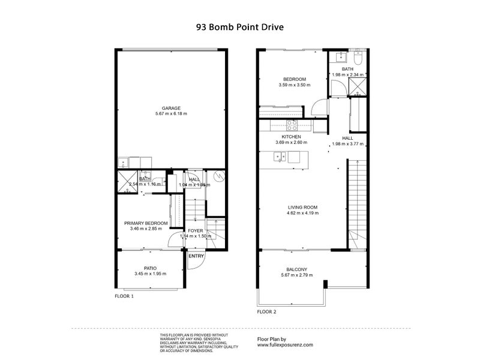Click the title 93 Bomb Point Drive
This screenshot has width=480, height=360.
tap(240, 27)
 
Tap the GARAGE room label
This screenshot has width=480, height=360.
tap(171, 108)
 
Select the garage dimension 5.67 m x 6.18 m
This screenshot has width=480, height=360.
tap(171, 113)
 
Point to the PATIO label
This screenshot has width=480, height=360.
tap(149, 268)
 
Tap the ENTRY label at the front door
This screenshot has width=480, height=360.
tap(196, 256)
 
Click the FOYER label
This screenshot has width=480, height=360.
tap(196, 230)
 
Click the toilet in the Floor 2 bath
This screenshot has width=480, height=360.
tap(358, 59)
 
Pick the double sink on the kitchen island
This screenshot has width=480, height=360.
tap(279, 157)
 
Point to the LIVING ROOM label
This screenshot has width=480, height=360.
tap(302, 208)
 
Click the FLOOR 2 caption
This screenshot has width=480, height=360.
tap(267, 312)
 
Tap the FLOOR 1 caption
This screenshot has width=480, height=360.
tap(124, 296)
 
